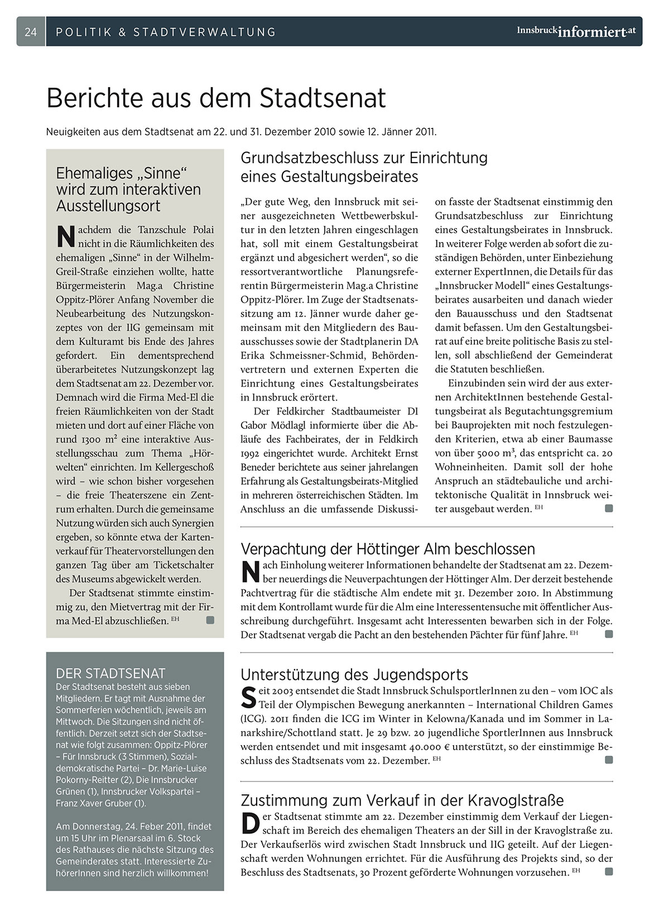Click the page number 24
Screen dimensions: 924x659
point(31,32)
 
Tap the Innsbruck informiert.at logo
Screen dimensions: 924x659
point(576,31)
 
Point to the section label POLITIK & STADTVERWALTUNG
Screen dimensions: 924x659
point(166,32)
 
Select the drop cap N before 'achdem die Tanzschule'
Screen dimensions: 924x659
point(66,236)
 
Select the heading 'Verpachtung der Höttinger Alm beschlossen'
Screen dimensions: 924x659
point(388,549)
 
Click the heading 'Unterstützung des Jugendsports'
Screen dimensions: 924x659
point(354,674)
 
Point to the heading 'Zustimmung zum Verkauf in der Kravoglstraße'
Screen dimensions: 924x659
point(402,800)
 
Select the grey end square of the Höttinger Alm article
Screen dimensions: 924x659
point(609,634)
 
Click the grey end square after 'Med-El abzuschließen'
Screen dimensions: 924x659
point(210,620)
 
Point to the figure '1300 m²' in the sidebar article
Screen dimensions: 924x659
point(88,439)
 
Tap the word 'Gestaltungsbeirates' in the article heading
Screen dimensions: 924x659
point(350,177)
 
